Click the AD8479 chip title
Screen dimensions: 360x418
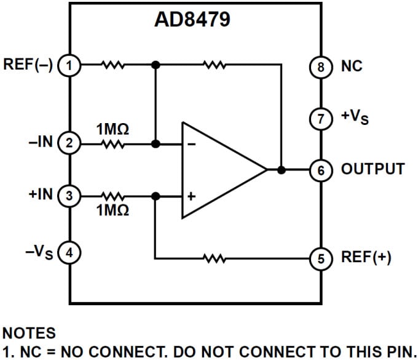click(x=192, y=20)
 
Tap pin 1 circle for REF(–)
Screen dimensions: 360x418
click(x=69, y=64)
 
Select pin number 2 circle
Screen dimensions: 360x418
click(x=69, y=143)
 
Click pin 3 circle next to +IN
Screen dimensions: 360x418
click(x=69, y=196)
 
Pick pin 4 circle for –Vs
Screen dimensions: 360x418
click(x=69, y=252)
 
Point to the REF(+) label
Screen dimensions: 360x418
click(x=366, y=258)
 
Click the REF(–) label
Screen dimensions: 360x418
click(x=29, y=64)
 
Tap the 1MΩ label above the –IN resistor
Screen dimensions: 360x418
click(x=112, y=129)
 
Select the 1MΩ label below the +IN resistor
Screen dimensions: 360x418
click(x=112, y=210)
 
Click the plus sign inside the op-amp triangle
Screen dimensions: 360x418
click(x=191, y=197)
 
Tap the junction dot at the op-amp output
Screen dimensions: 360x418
click(x=281, y=170)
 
